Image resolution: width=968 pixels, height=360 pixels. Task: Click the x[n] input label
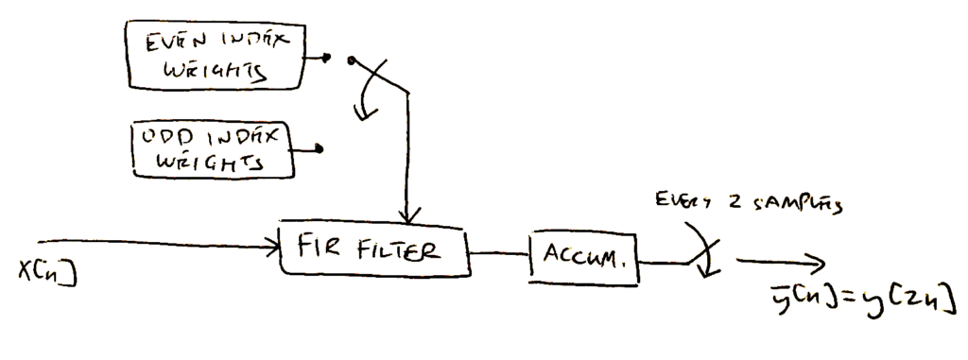click(47, 268)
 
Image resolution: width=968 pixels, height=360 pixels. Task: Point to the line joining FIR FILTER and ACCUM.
click(498, 253)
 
